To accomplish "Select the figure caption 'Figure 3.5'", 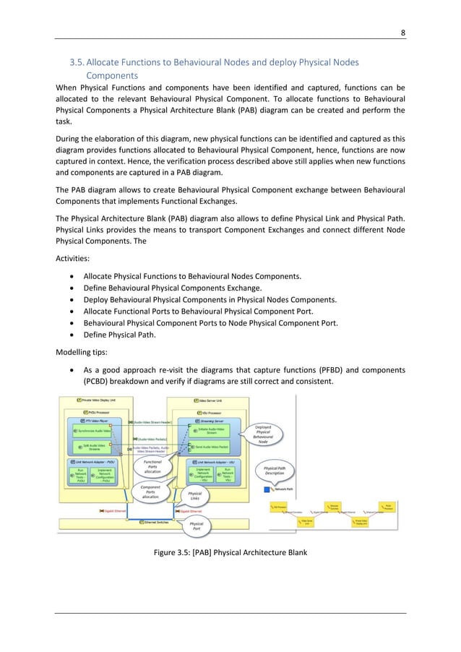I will click(231, 554).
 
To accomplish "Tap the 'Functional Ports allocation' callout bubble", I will click(152, 466).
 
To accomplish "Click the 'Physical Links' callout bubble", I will click(195, 497).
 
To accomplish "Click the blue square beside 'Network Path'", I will click(267, 490).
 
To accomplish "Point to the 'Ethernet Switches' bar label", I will click(159, 521).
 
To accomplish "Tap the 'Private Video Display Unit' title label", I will click(99, 400).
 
